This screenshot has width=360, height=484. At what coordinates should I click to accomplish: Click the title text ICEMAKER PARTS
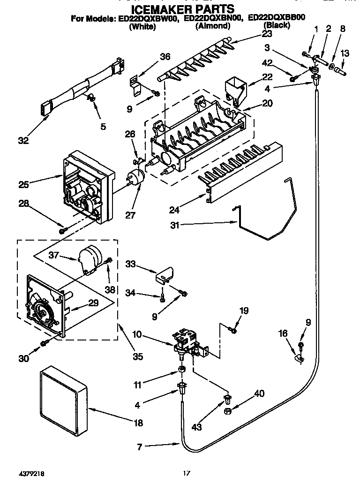[182, 8]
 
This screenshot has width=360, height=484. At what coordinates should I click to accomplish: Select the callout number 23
[267, 34]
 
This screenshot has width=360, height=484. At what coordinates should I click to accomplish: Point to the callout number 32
[22, 140]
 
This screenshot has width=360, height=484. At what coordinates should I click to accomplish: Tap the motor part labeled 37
[89, 259]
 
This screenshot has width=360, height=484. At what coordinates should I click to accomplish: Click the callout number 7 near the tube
[139, 447]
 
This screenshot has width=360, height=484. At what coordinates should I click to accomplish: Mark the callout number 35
[138, 356]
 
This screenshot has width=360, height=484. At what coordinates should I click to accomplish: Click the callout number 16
[283, 333]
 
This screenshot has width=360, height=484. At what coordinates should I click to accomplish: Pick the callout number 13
[345, 54]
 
